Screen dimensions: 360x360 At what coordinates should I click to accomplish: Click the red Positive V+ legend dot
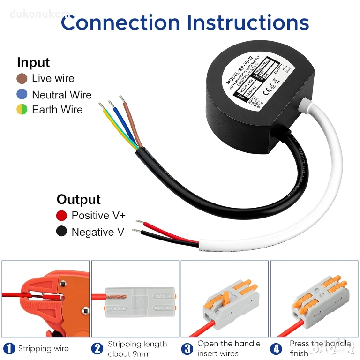[x=61, y=215]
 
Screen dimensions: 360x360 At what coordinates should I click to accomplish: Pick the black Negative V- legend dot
[x=61, y=232]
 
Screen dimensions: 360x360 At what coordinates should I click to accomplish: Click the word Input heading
[x=33, y=62]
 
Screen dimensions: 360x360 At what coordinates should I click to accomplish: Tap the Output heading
[x=78, y=199]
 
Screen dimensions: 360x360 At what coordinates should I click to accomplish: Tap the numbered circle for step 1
[x=8, y=348]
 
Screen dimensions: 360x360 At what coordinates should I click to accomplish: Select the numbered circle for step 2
[x=97, y=348]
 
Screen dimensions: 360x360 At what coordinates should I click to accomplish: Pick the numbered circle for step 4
[x=276, y=348]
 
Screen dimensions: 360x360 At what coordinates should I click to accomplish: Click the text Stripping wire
[x=43, y=348]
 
